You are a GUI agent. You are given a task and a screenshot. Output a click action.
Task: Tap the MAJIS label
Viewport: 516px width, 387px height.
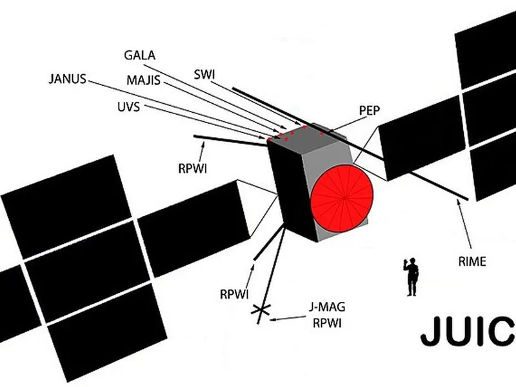coord(143,82)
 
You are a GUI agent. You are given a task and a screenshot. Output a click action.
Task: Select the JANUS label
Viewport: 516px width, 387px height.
coord(67,79)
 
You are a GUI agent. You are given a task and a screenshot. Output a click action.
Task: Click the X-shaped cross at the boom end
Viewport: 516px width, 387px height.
coord(261,312)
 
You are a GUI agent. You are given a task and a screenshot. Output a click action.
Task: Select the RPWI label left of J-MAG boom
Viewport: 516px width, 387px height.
coord(233,293)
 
